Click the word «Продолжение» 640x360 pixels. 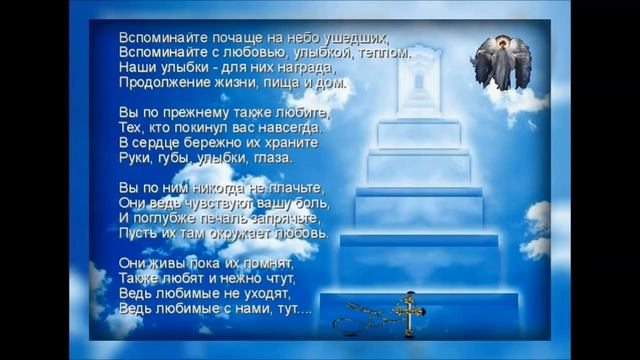(x=160, y=83)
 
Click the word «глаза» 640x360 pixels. (x=270, y=157)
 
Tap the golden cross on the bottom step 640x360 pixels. (x=409, y=313)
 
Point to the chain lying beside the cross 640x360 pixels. (x=362, y=322)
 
